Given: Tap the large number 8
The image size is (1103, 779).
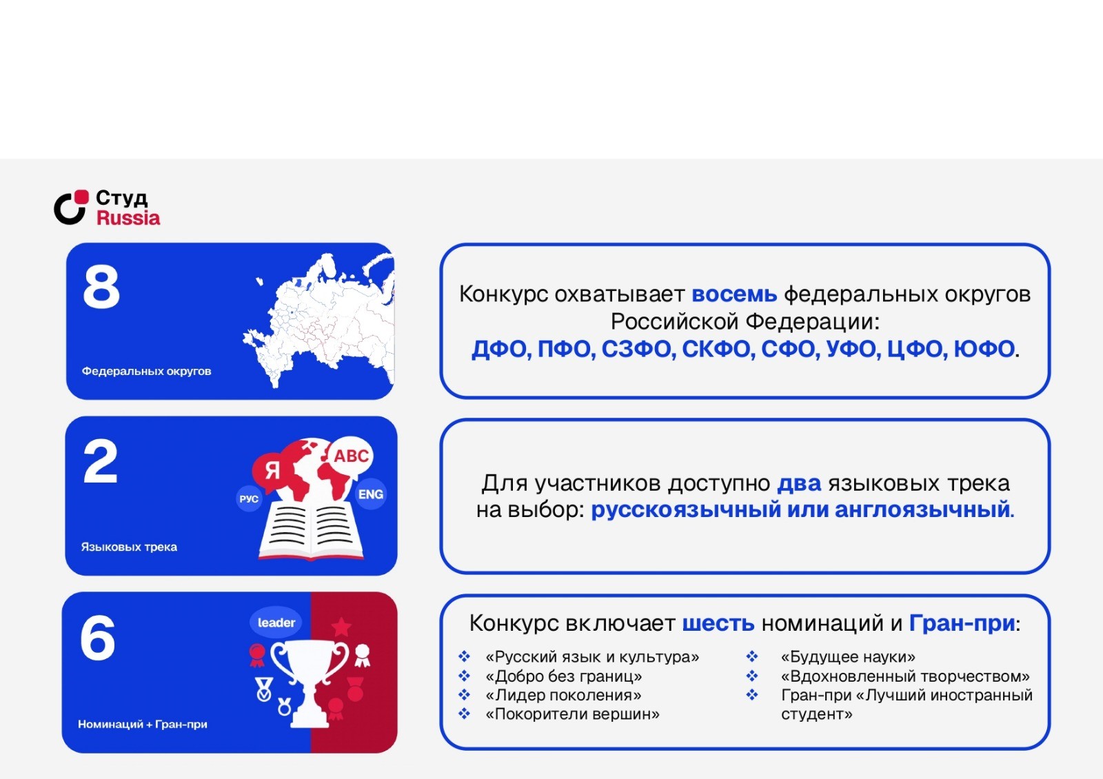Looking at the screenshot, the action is coord(101,287).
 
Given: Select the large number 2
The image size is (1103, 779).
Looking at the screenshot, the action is coord(101,462).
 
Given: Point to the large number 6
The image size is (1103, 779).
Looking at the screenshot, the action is coord(97,638).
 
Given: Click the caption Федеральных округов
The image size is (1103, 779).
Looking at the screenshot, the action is coord(146,372).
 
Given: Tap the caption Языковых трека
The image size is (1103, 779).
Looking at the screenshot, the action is coord(129,547).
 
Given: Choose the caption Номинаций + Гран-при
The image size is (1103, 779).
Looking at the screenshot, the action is coord(142,724).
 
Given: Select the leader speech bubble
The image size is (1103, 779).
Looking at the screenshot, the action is coord(276,623).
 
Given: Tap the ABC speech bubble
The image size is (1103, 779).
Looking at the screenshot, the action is coord(351,456).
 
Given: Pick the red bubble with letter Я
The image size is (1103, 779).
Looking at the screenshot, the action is coord(272,472).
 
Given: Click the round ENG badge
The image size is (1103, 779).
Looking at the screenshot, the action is coord(370,494).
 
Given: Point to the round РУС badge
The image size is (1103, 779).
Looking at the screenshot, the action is coord(249,499).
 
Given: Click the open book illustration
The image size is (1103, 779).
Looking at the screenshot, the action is coord(311,532).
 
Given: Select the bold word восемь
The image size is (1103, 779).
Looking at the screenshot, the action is coord(734,294).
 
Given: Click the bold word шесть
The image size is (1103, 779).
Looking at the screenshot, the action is coord(718,623).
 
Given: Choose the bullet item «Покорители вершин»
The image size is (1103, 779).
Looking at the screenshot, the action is coord(572,714).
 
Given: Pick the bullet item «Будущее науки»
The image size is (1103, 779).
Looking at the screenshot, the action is coord(848,657).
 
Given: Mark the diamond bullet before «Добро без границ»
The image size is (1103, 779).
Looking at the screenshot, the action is coord(464,676).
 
